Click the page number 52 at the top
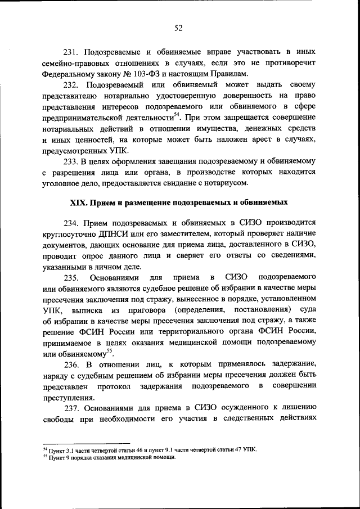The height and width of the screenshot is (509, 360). pyautogui.click(x=180, y=28)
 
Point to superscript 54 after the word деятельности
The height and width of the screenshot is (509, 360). pyautogui.click(x=176, y=115)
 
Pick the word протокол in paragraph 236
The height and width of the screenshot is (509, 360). pyautogui.click(x=113, y=388)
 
